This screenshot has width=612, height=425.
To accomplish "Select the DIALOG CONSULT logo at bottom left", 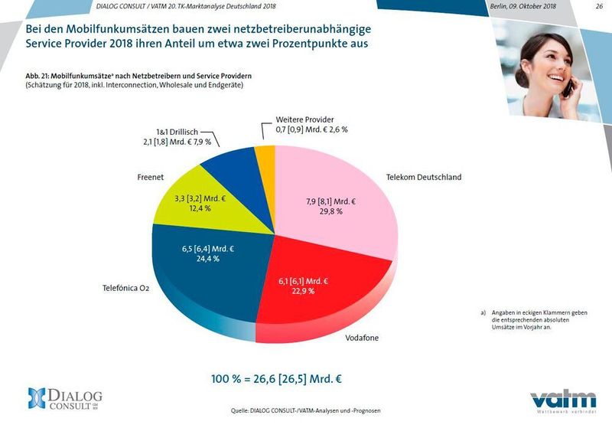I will [x=65, y=399].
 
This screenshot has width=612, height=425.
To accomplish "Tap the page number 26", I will [x=598, y=5].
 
